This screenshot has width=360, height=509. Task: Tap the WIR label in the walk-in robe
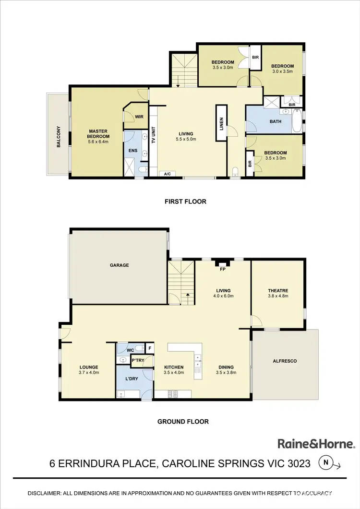(140, 116)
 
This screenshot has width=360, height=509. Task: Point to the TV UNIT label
(154, 135)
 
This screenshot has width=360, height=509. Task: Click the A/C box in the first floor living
(168, 174)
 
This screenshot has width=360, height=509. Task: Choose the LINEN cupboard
(221, 123)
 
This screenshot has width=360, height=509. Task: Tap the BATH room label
(276, 121)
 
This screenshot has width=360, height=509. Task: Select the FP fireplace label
(223, 269)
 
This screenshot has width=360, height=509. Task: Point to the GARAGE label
(119, 265)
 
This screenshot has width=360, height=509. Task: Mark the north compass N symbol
(326, 463)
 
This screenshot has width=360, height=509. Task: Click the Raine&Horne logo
(316, 444)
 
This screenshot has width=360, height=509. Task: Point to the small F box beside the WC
(150, 348)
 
